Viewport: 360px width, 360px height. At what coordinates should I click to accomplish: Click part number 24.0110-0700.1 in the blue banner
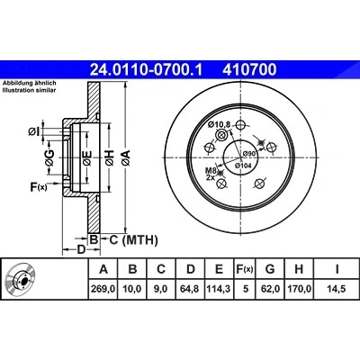(x=147, y=69)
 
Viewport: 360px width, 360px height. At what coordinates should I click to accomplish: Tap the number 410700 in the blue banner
(x=249, y=69)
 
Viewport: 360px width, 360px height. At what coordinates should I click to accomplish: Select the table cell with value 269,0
(x=103, y=289)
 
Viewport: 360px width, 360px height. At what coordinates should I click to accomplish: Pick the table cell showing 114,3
(x=220, y=289)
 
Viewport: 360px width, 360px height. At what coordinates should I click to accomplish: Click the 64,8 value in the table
(x=191, y=289)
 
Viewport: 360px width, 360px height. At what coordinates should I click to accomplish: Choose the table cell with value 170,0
(x=299, y=289)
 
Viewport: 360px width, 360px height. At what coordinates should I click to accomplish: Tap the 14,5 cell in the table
(x=337, y=289)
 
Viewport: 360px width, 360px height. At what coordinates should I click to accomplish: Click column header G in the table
(x=270, y=269)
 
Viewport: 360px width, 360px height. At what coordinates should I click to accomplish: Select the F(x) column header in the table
(x=246, y=269)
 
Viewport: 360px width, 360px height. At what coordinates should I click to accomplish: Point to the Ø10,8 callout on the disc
(x=219, y=123)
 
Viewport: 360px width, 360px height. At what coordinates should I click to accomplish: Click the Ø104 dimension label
(x=243, y=166)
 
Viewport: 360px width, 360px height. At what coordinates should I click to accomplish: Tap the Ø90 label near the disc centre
(x=248, y=153)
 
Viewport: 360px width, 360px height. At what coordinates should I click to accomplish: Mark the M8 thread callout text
(x=211, y=170)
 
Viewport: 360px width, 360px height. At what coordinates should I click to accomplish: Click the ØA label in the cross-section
(x=126, y=157)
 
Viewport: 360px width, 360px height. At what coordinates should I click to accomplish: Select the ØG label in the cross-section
(x=49, y=157)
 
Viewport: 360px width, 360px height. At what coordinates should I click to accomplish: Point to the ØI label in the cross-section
(x=34, y=131)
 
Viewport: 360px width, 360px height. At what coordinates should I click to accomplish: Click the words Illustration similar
(x=29, y=90)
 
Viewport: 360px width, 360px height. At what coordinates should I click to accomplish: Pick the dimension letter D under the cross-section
(x=81, y=249)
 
